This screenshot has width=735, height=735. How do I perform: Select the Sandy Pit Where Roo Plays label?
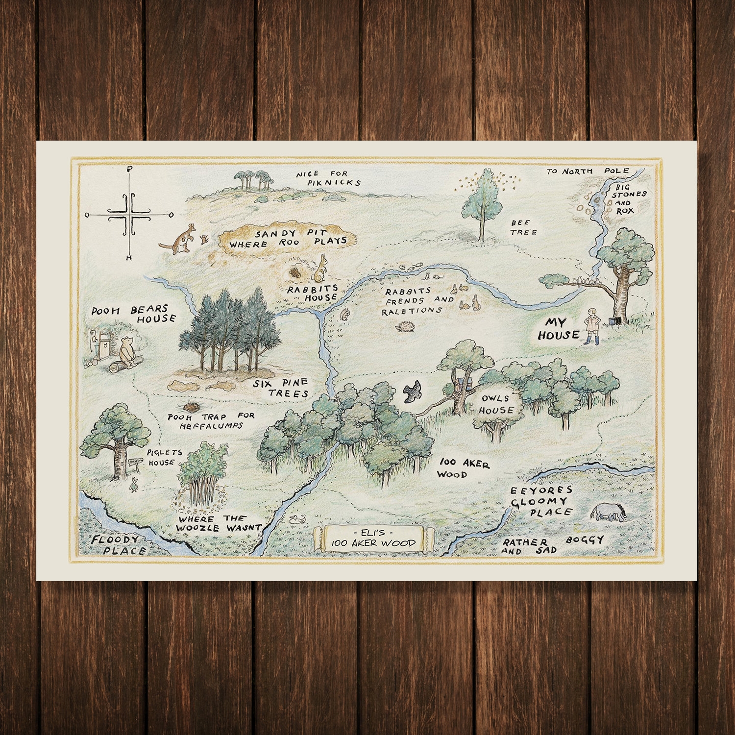(x=288, y=236)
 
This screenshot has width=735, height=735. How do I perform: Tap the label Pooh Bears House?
(x=133, y=314)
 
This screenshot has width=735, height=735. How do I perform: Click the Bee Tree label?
(x=524, y=227)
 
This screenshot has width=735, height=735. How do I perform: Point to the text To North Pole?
(x=576, y=171)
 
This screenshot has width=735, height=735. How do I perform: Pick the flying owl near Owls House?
(x=413, y=391)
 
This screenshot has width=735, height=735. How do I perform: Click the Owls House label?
(x=496, y=404)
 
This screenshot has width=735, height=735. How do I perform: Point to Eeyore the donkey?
(x=609, y=513)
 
